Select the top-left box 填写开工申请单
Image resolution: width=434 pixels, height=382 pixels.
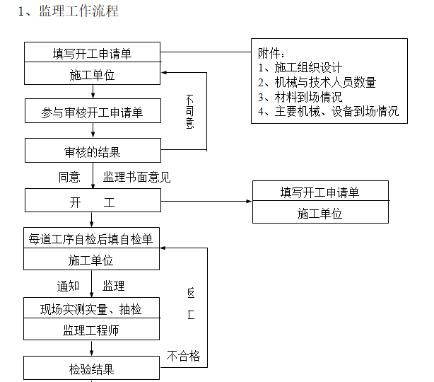92,53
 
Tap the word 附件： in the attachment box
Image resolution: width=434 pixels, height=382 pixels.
272,54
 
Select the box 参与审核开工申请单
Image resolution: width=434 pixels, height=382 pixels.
92,111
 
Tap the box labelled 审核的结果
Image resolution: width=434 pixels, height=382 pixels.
92,151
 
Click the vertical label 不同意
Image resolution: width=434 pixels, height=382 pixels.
190,111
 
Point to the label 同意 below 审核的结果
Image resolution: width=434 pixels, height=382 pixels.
69,177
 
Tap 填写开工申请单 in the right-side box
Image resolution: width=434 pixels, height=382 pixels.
319,192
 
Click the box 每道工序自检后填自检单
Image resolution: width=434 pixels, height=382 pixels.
92,239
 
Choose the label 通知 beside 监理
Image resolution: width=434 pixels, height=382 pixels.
69,286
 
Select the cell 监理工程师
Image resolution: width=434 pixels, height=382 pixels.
92,330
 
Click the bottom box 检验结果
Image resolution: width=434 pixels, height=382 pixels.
92,369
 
